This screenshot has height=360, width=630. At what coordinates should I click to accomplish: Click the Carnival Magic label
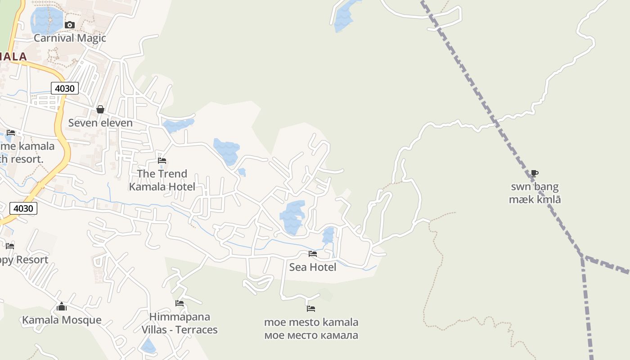pos(70,38)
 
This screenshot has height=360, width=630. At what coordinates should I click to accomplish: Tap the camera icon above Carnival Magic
pos(70,25)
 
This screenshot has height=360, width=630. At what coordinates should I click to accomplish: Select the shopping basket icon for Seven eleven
pos(100,109)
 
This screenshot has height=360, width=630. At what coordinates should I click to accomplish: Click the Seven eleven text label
pos(100,123)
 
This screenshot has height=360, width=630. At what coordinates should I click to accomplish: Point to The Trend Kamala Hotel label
pos(162,180)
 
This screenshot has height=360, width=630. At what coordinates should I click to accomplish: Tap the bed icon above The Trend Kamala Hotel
pos(162,160)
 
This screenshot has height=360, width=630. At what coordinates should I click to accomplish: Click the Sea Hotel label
pos(312,267)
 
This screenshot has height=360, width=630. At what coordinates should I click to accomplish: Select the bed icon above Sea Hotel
pos(312,254)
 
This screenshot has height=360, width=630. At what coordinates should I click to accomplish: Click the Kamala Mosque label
pos(62,320)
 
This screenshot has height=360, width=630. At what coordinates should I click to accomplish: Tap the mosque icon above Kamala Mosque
pos(62,307)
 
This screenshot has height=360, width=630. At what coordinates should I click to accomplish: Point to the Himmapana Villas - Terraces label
pos(180,323)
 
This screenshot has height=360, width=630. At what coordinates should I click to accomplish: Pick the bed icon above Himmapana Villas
pos(180,303)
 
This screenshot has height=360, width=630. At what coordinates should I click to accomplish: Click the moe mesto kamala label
pos(311,328)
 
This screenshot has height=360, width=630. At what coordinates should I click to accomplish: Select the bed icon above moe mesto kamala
pos(311,309)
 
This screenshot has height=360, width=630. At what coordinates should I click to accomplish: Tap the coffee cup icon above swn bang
pos(534,173)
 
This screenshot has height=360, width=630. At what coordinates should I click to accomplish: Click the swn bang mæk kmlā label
pos(535,193)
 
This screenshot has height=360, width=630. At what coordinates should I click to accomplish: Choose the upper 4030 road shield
pos(64,88)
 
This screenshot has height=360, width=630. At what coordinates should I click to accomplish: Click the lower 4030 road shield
pos(23,208)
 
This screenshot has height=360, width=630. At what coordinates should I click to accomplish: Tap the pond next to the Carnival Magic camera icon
pos(46,20)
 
